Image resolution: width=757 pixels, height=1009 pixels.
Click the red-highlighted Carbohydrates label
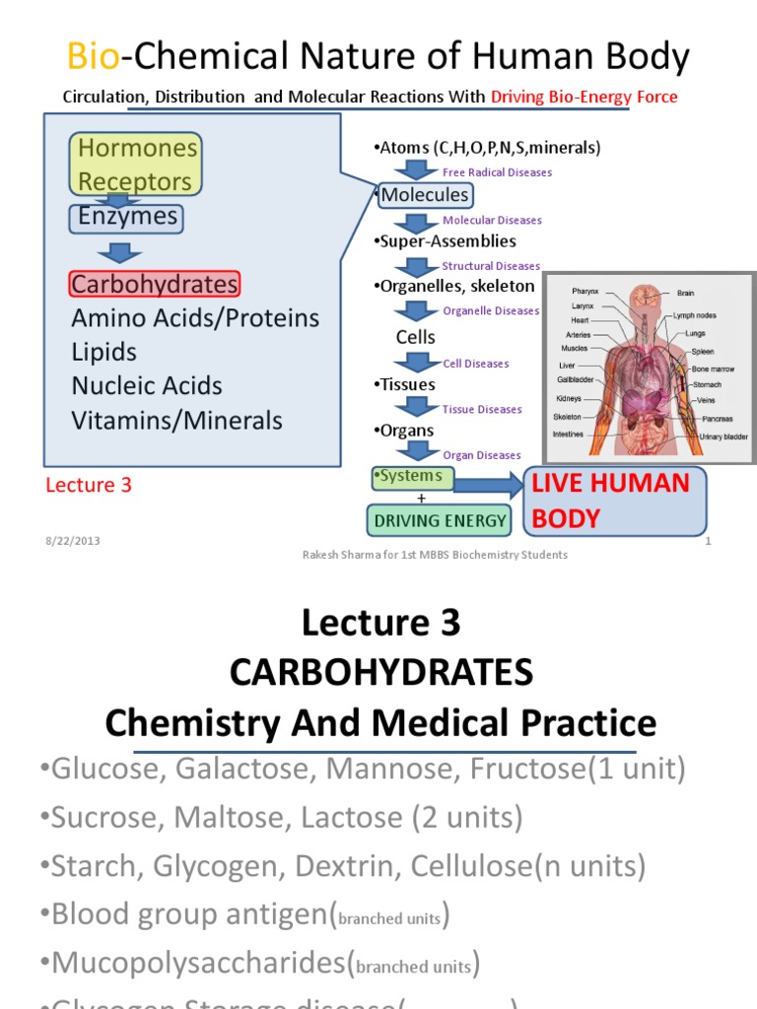pos(155,285)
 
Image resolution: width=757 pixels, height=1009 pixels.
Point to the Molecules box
pos(425,195)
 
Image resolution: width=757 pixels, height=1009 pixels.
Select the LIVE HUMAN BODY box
pos(614,501)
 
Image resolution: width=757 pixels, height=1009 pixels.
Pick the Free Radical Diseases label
pos(497,172)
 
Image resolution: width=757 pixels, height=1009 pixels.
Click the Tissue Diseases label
pos(482,410)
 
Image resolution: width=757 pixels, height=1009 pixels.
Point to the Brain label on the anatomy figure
pos(686,294)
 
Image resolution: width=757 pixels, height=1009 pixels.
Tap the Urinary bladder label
pos(723,437)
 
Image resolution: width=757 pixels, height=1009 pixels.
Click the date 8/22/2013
pos(72,541)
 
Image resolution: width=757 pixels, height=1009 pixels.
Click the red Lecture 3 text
pos(89,485)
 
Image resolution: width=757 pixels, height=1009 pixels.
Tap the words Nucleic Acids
pos(147,386)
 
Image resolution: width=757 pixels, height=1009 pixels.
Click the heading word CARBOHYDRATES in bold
pos(380,673)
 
